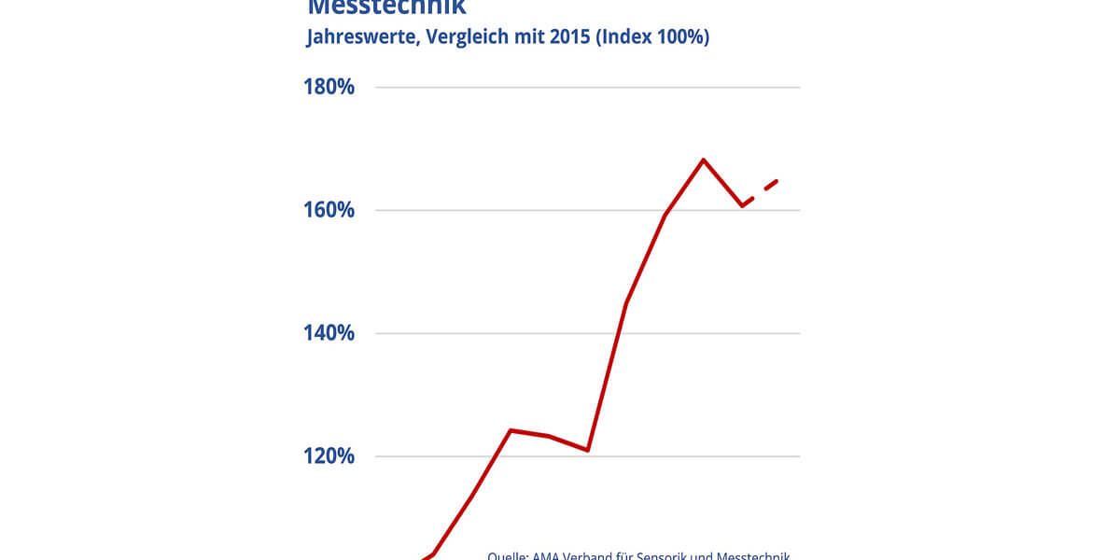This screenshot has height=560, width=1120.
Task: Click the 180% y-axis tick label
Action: tap(329, 87)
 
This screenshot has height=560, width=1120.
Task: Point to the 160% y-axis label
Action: tap(329, 210)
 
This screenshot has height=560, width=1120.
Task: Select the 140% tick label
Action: tap(329, 333)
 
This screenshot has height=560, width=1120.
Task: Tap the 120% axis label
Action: tap(329, 456)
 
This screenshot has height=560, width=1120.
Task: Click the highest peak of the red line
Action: tap(703, 160)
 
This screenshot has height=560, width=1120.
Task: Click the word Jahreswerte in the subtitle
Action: tap(358, 38)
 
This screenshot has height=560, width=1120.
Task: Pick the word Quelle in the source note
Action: tap(507, 556)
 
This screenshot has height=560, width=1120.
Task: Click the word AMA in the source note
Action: tap(547, 556)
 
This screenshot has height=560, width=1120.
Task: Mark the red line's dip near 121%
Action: tap(587, 450)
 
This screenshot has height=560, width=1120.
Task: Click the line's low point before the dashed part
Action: tap(742, 205)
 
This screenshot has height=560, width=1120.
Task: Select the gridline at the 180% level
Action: tap(588, 87)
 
